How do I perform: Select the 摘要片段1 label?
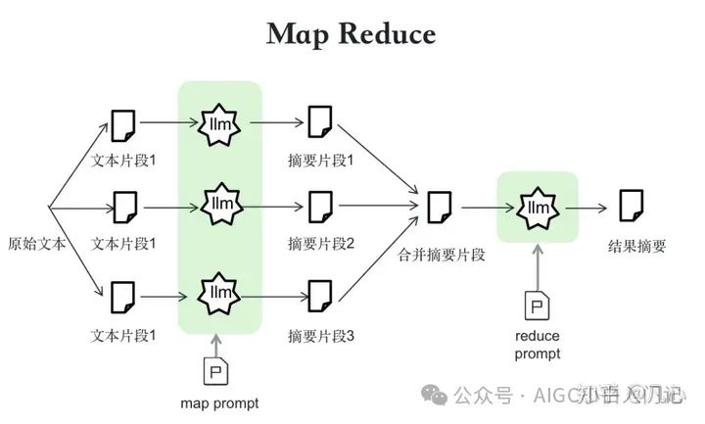tap(320, 160)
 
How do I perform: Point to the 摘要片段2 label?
tap(320, 243)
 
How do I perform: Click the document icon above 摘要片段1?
tap(320, 123)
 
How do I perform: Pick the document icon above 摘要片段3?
tap(320, 295)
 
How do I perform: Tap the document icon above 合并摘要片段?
tap(439, 208)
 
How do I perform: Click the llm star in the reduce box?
tap(538, 208)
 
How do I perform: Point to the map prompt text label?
tap(219, 402)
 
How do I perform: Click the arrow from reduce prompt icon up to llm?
tap(537, 264)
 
